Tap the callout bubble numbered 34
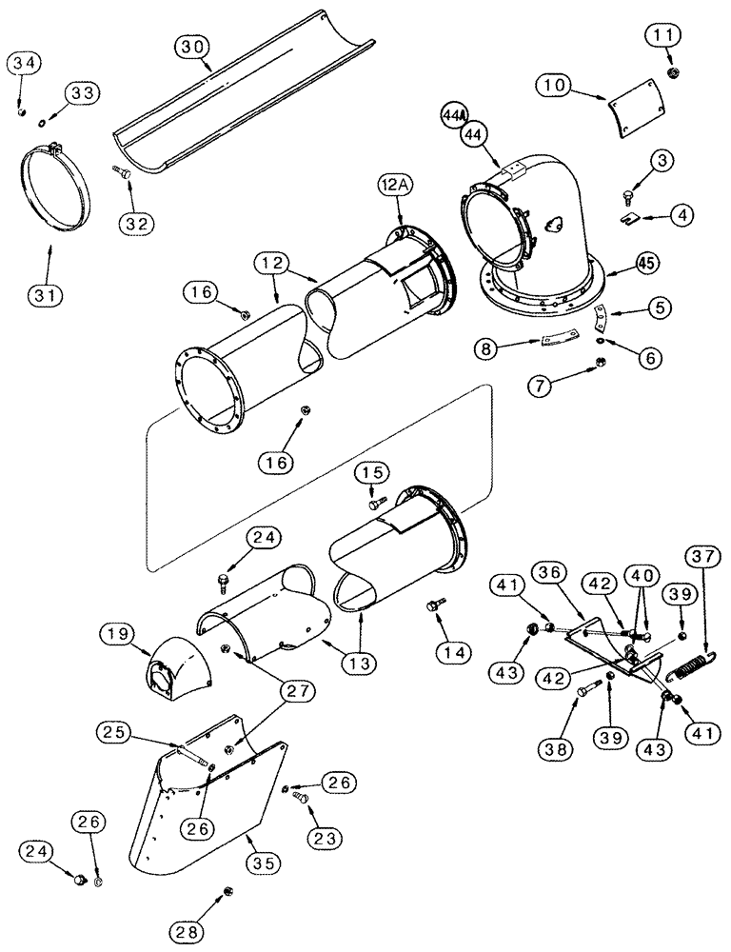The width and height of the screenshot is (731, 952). tap(26, 64)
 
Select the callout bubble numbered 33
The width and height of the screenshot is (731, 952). tap(80, 92)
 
